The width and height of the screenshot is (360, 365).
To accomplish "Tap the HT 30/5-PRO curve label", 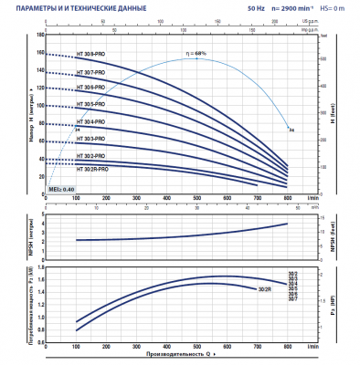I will click(x=93, y=105).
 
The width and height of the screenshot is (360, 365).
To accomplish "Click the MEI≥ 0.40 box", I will click(x=61, y=190).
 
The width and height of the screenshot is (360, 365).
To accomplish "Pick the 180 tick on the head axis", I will click(x=40, y=35).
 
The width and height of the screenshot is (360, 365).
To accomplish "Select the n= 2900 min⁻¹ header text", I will click(x=292, y=8).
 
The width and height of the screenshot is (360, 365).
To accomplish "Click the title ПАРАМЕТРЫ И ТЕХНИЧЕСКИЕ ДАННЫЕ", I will click(x=83, y=8).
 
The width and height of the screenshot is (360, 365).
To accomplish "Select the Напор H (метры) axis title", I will click(x=31, y=111).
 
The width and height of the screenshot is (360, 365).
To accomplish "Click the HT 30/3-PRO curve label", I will click(x=93, y=138).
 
